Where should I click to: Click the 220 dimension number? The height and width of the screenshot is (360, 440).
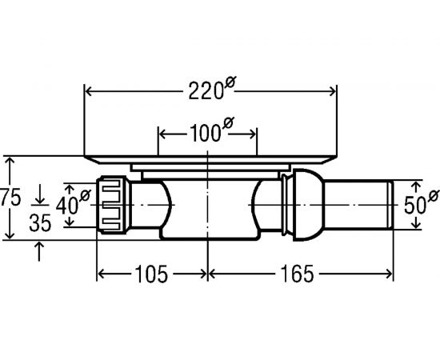tap(206, 91)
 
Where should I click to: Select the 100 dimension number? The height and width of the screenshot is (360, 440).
tap(205, 133)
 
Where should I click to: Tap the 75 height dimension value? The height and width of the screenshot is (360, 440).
tap(11, 198)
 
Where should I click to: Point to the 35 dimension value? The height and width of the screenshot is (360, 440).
tap(40, 223)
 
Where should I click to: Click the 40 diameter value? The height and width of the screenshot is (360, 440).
tap(66, 206)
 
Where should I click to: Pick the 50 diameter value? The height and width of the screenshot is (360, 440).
tap(415, 205)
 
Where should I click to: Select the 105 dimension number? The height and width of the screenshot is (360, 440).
tap(151, 274)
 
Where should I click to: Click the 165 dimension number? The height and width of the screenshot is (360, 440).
tap(297, 274)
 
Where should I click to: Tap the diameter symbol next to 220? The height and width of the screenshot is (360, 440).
tap(230, 82)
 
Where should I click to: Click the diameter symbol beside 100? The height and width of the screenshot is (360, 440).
tap(228, 123)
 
